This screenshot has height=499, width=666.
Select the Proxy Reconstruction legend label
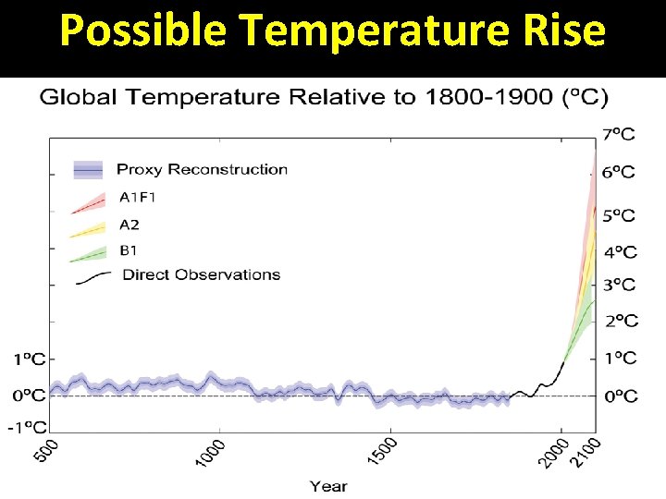(x=202, y=169)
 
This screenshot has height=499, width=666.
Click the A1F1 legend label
(x=139, y=197)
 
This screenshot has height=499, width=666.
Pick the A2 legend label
(x=130, y=223)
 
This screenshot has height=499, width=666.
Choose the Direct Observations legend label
(x=201, y=274)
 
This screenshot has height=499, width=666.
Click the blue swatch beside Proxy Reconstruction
(x=88, y=169)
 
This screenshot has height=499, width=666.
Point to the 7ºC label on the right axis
(x=619, y=135)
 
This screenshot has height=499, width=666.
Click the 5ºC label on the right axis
(x=619, y=216)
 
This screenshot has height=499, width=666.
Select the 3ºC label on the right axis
(x=619, y=286)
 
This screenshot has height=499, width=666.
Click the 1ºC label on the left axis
(x=29, y=358)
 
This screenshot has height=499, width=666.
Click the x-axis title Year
(x=327, y=485)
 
